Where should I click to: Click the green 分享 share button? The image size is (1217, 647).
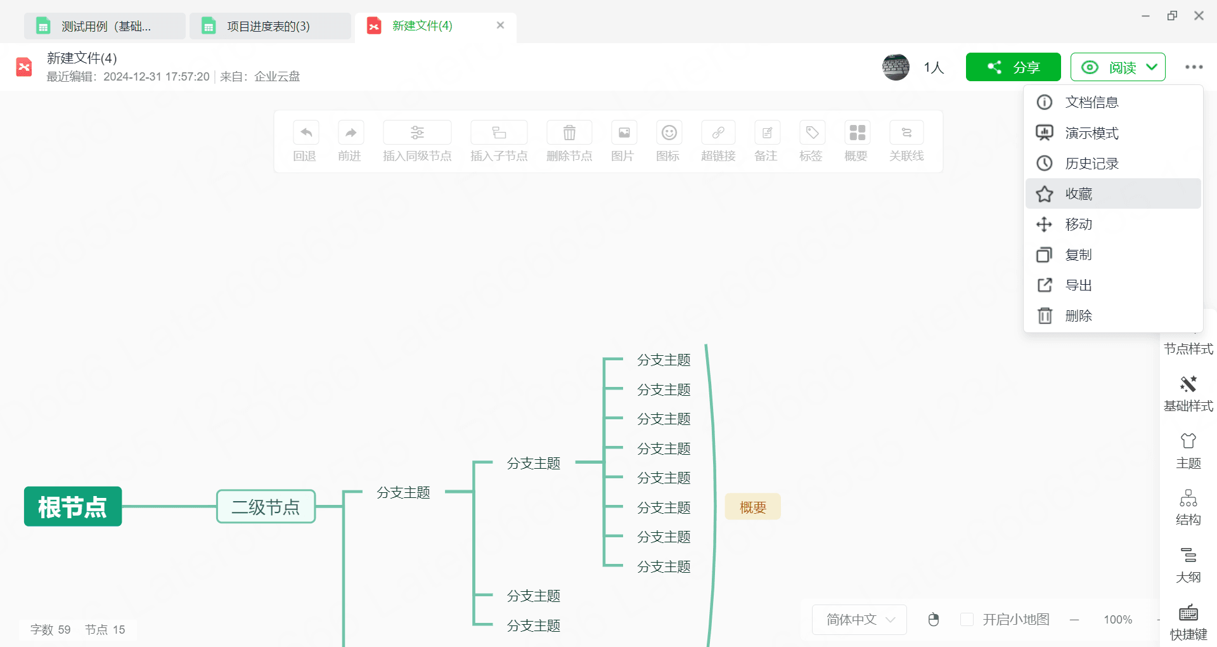tap(1013, 67)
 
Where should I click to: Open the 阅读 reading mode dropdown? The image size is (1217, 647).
tap(1117, 67)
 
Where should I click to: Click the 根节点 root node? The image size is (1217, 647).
tap(73, 506)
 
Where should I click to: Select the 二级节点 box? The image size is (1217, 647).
tap(266, 506)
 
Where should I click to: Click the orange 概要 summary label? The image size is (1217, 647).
tap(753, 507)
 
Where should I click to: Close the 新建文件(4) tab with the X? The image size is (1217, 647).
tap(500, 25)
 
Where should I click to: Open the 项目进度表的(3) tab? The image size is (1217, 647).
tap(270, 26)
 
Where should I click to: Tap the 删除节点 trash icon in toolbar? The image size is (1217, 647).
tap(569, 133)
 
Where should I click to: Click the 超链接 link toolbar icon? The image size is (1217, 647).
tap(718, 133)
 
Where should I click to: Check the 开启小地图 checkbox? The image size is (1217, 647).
tap(967, 619)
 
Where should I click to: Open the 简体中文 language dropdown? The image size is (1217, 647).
tap(860, 619)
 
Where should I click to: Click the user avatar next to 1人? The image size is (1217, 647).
tap(896, 67)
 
